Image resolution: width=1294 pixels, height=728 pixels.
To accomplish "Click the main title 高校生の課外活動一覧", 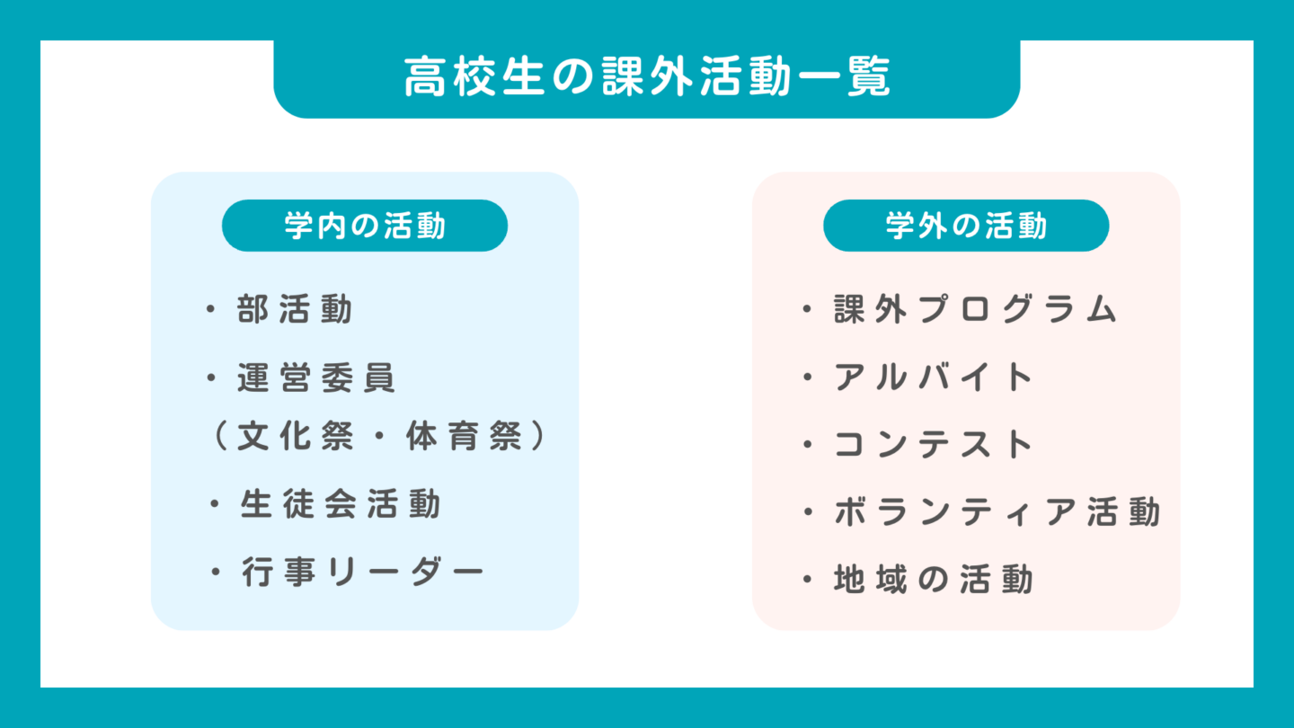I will coord(646,78).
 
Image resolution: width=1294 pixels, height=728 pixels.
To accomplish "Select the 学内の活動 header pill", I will coord(365,226).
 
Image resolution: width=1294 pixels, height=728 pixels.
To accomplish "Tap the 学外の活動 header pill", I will coord(966,226).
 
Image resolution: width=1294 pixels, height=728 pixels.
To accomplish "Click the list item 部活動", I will coord(296,310).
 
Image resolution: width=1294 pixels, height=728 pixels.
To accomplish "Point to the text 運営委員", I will coord(317,378).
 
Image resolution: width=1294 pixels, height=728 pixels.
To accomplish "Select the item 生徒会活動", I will coord(341,504).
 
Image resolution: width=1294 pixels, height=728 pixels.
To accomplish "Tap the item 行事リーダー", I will coord(362,572).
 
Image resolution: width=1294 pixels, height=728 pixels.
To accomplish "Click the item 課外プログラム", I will coord(975,310).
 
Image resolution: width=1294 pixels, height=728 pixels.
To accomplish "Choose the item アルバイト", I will coord(935,377).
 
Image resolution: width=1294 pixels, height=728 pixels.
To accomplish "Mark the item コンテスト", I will coord(935,445).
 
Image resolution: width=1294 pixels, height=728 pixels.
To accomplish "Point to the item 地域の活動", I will coord(934,580).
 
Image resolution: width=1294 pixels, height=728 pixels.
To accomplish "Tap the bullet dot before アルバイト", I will coord(807,378).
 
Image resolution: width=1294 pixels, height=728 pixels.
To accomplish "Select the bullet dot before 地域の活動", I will coord(807,581).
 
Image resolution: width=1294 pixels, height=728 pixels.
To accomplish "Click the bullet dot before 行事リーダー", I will coord(215,573).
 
